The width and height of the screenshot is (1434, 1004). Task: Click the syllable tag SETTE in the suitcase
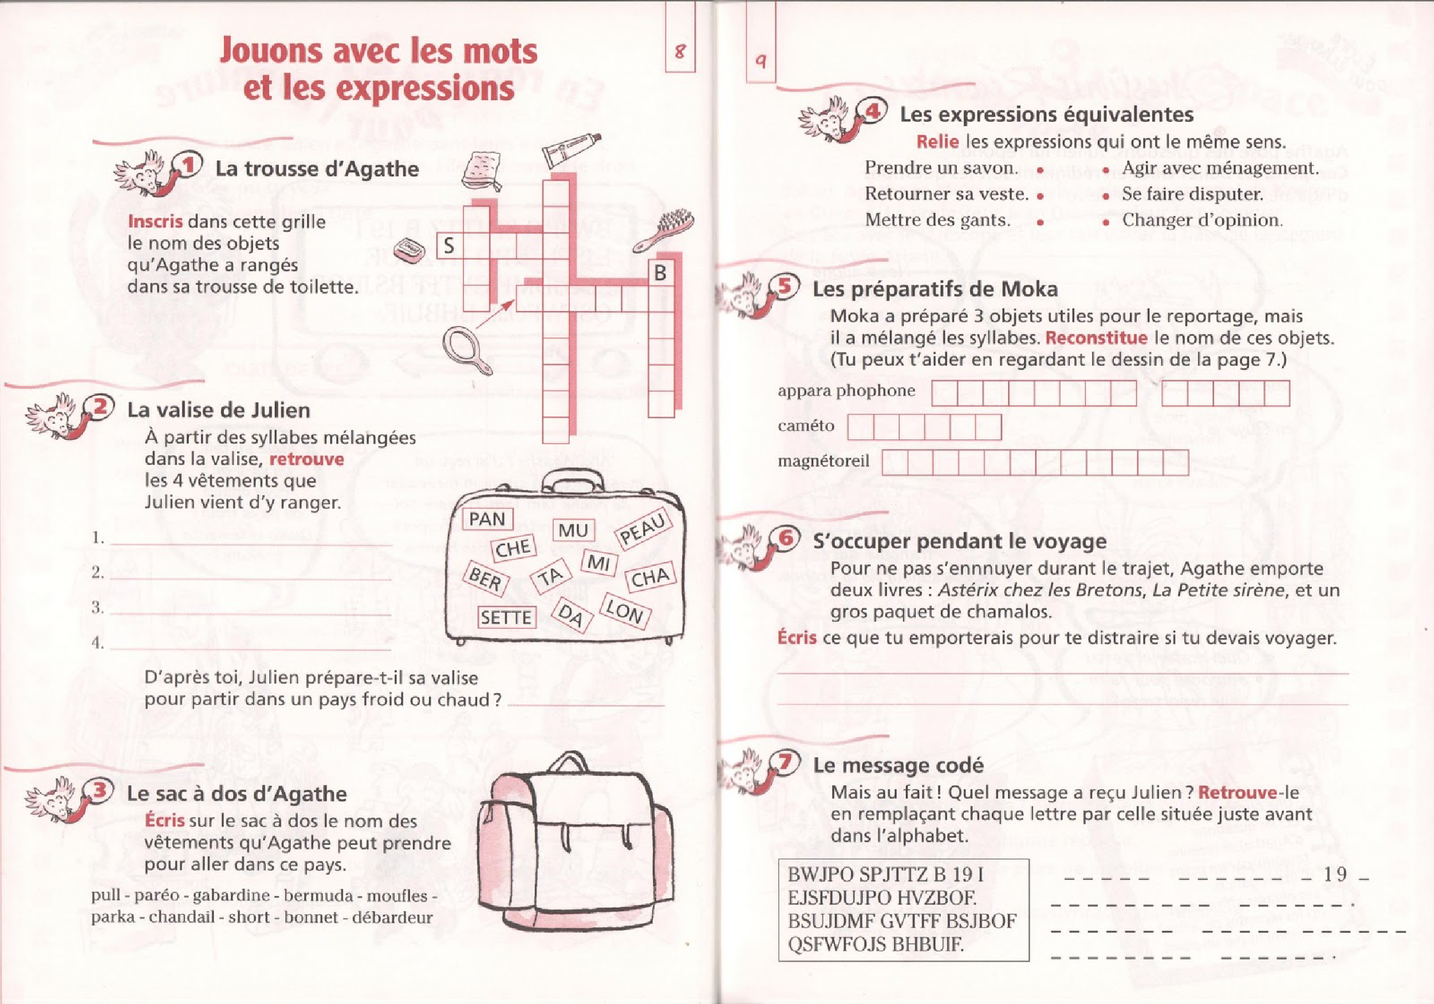click(506, 617)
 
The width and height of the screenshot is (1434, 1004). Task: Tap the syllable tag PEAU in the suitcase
click(643, 528)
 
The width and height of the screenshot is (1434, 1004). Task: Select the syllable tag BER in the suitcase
click(485, 578)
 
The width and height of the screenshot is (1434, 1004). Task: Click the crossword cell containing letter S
click(450, 246)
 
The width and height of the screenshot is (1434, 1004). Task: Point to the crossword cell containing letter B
click(660, 273)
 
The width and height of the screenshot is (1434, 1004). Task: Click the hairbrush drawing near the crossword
click(665, 230)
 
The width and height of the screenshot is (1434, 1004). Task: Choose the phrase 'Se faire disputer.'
click(1192, 194)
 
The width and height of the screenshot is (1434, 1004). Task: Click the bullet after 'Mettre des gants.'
click(1040, 222)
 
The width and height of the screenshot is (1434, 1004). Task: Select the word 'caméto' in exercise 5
click(806, 426)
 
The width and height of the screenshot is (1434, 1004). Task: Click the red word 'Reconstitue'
click(1096, 338)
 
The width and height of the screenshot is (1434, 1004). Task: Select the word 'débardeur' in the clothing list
click(392, 918)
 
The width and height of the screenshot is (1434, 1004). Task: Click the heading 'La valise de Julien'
click(218, 410)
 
